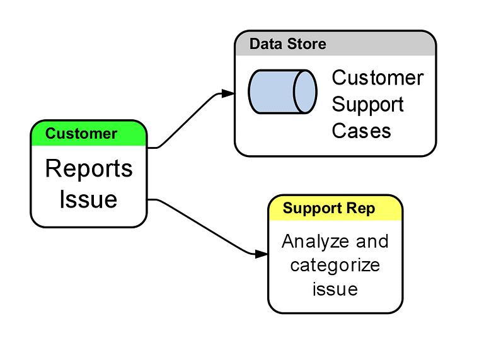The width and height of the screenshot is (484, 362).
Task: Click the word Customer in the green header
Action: (x=81, y=134)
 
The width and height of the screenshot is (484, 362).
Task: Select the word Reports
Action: (x=89, y=169)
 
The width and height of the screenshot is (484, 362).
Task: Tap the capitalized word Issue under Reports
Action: (x=88, y=199)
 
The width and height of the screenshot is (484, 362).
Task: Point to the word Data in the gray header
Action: (x=265, y=44)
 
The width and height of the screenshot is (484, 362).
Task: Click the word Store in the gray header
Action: (x=305, y=44)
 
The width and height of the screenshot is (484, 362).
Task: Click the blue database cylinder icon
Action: (x=282, y=91)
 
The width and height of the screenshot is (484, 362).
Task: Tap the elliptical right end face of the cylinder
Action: (x=306, y=91)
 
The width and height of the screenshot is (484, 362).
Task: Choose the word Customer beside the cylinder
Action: (x=377, y=78)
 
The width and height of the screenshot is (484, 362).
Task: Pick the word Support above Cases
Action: (x=367, y=104)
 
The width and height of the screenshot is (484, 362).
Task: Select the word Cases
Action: (x=361, y=131)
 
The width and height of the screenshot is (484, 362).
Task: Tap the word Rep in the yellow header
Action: (x=362, y=209)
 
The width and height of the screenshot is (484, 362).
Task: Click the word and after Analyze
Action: (x=372, y=242)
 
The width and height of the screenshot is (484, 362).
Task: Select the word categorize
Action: (x=335, y=265)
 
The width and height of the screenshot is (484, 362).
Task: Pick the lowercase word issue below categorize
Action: (x=335, y=289)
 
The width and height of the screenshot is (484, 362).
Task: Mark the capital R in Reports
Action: (x=52, y=169)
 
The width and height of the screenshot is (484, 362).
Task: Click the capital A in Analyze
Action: (x=288, y=242)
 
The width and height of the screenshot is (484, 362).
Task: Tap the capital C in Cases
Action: (x=338, y=131)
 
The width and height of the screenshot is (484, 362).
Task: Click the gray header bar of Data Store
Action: (x=378, y=44)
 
